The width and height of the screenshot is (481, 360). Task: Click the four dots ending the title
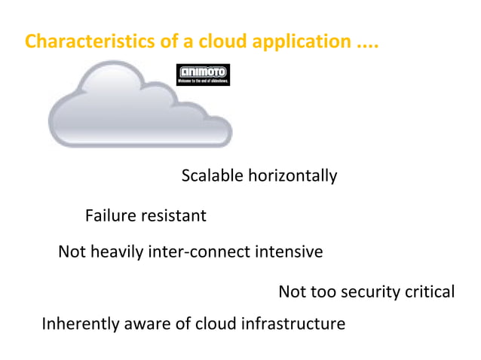366,44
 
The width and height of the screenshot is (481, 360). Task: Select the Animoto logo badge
203,75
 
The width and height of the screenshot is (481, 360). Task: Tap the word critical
429,291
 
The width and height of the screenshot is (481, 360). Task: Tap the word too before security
326,291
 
